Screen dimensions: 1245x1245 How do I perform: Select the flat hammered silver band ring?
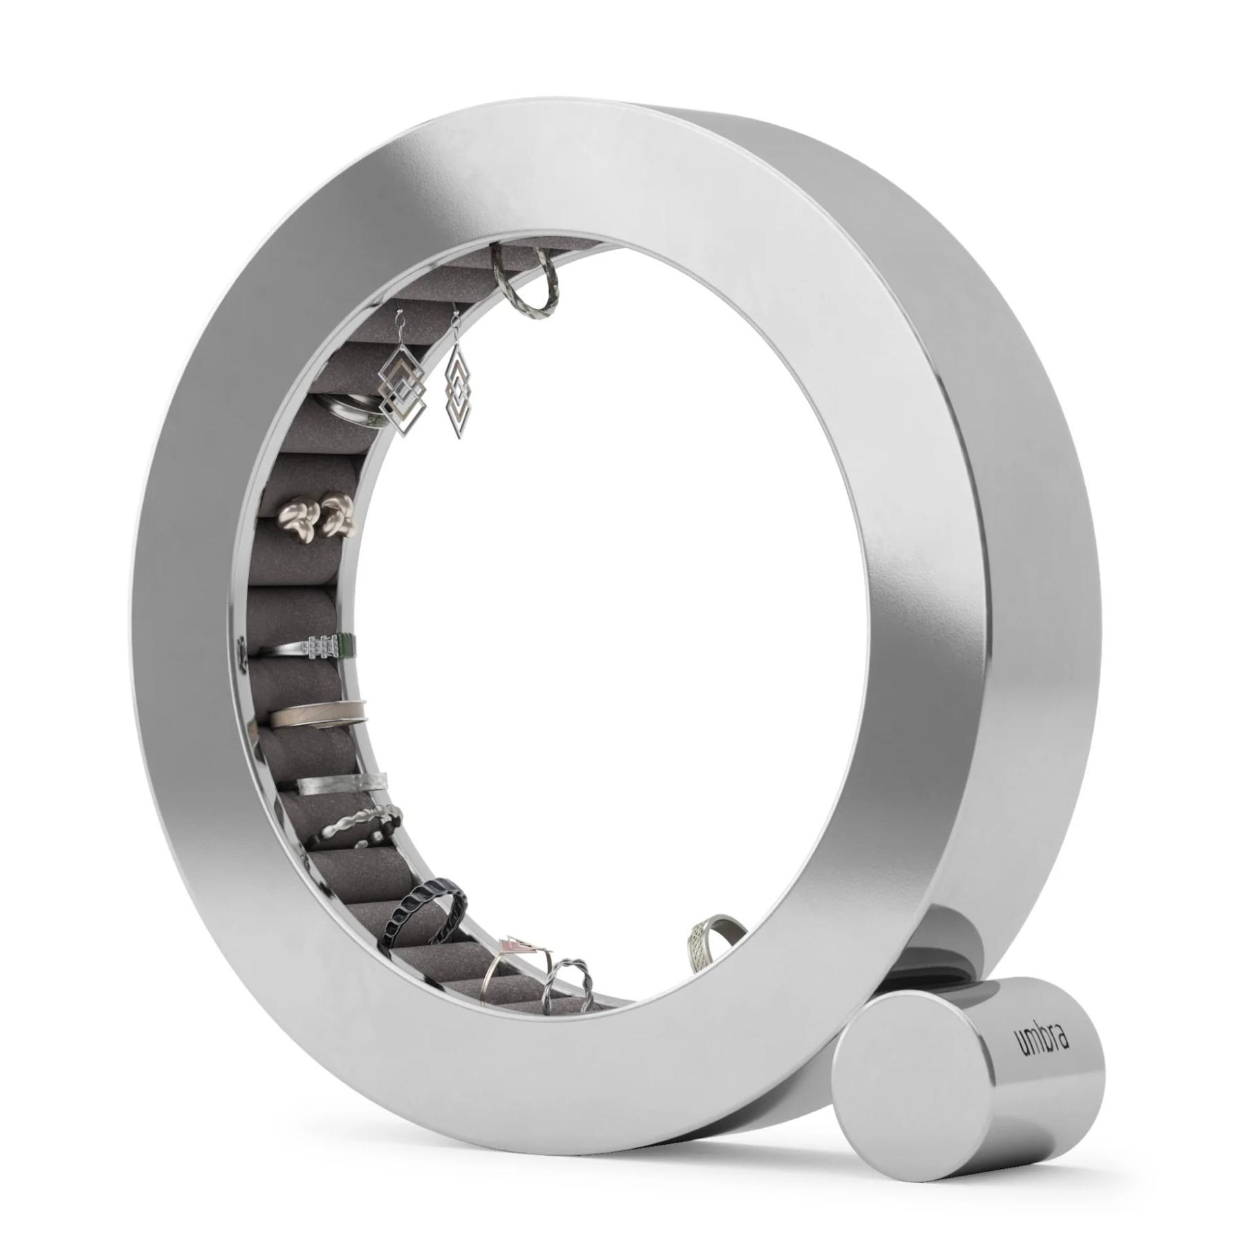click(x=342, y=784)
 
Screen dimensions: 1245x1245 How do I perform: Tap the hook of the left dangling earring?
click(x=399, y=325)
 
